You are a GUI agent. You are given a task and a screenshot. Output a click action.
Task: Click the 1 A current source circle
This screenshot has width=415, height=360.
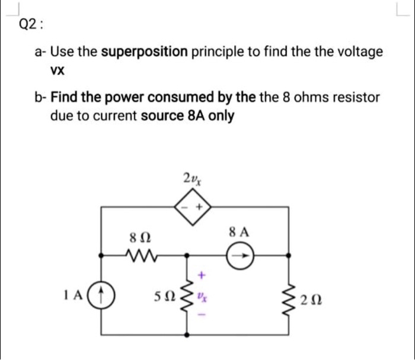101,294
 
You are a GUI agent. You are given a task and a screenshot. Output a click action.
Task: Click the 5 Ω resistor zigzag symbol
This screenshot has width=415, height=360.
189,295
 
